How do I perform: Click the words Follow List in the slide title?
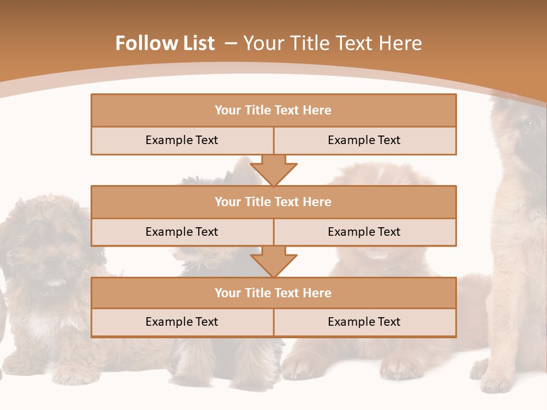click(x=165, y=43)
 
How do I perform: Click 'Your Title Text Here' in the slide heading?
click(x=332, y=43)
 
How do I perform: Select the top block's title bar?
click(x=273, y=110)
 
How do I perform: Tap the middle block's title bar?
click(x=273, y=202)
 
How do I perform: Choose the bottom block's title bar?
click(x=273, y=293)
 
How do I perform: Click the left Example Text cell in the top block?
click(x=182, y=141)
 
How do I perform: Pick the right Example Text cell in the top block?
click(x=364, y=141)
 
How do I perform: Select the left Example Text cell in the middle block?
click(x=182, y=232)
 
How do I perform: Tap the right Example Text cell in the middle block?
click(x=364, y=232)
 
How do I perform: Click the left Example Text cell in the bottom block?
click(x=182, y=322)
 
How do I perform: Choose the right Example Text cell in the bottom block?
click(x=364, y=322)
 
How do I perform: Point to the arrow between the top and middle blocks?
click(x=273, y=170)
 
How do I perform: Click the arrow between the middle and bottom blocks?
click(x=273, y=261)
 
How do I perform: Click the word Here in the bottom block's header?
click(x=317, y=293)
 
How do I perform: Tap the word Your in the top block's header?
click(x=228, y=110)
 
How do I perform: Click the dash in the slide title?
click(x=230, y=43)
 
